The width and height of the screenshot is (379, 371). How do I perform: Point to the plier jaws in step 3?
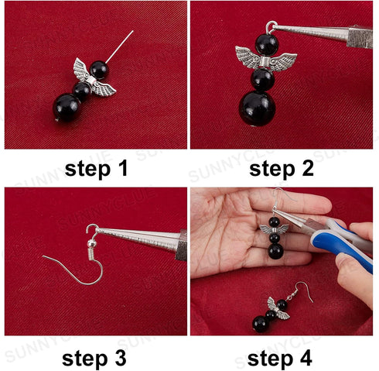[x=139, y=239]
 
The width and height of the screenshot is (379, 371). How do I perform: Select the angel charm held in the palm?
[x=275, y=231]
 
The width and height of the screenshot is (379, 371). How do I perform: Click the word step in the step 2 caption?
[x=265, y=169]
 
